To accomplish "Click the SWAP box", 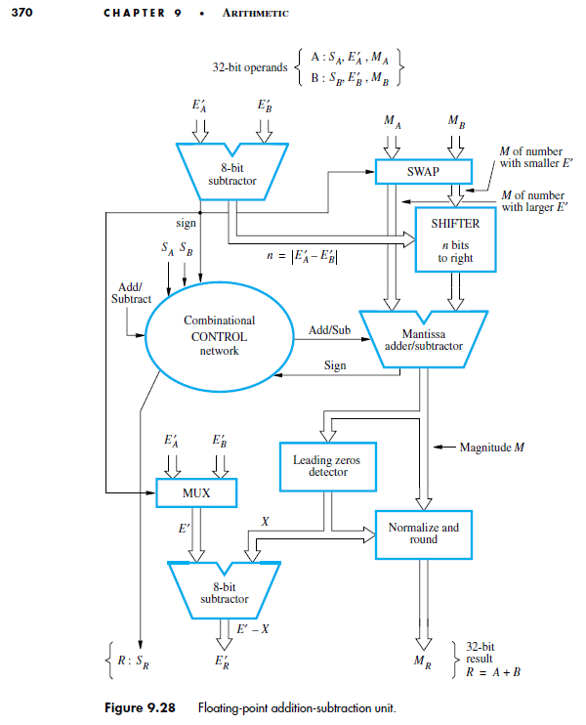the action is [423, 172].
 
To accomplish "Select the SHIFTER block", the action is [455, 239].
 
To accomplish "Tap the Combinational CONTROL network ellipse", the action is [220, 336].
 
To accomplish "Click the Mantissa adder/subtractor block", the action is [423, 339].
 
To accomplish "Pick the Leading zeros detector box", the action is [327, 466].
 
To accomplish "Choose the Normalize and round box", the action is [423, 534].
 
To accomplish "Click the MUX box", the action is [196, 492].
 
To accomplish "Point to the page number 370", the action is [21, 13].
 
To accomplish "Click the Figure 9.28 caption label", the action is [140, 707].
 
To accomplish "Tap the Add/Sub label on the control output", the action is [329, 330].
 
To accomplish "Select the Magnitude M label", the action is [491, 448].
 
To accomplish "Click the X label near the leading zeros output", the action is [265, 522].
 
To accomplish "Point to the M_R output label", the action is [422, 661].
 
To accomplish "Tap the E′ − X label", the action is [252, 629].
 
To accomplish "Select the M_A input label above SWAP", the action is [392, 121].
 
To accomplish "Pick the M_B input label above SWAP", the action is [456, 121].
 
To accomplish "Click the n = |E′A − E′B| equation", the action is [302, 256].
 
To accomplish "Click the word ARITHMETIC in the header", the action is [256, 13].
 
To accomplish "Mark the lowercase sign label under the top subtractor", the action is [186, 224].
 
